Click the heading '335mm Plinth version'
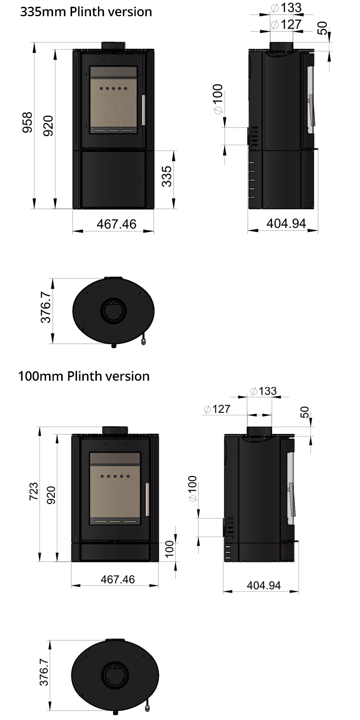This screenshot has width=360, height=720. (x=86, y=12)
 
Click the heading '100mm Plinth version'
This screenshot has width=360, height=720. (x=84, y=376)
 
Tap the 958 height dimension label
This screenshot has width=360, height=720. (x=28, y=122)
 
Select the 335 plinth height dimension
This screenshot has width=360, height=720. (x=166, y=176)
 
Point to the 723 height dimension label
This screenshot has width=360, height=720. (x=33, y=493)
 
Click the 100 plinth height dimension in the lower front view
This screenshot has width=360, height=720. (x=169, y=549)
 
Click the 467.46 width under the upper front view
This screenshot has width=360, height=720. (x=116, y=224)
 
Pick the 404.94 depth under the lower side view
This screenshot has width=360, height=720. (x=264, y=585)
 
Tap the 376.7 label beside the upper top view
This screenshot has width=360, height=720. (x=46, y=306)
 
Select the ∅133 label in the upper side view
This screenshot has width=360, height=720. (x=286, y=8)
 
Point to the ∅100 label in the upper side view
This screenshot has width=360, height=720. (x=218, y=99)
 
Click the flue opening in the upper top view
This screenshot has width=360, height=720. (x=113, y=310)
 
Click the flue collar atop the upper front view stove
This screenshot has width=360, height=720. (x=113, y=45)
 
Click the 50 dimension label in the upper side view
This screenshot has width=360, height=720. (x=322, y=28)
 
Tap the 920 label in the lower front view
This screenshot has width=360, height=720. (x=51, y=495)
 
